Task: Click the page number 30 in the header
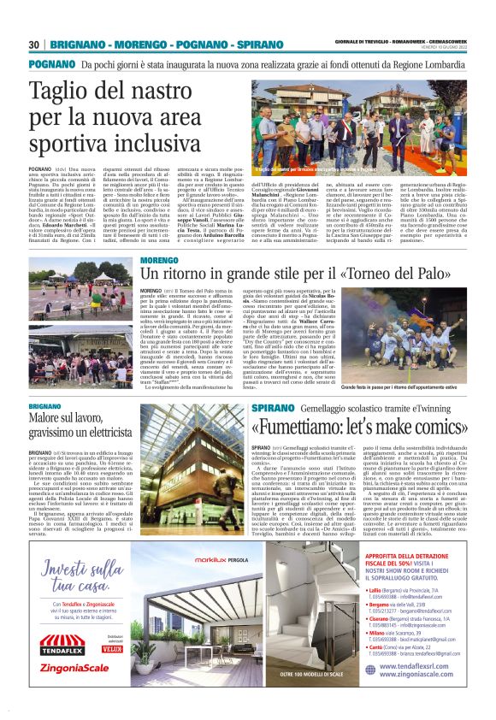[x=34, y=44]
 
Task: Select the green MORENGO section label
[x=158, y=258]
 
